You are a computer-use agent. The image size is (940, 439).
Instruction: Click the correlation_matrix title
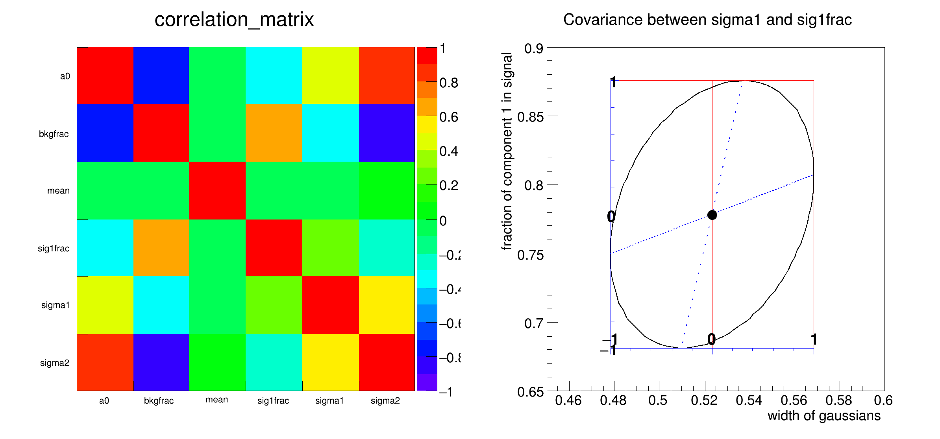pyautogui.click(x=234, y=20)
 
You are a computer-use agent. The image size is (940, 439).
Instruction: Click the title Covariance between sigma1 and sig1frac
pyautogui.click(x=707, y=20)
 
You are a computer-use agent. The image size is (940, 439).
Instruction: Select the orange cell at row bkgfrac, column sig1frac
pyautogui.click(x=274, y=133)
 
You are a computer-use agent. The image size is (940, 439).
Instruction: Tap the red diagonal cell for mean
pyautogui.click(x=217, y=190)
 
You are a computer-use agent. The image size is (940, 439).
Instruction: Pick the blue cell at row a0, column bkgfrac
pyautogui.click(x=161, y=76)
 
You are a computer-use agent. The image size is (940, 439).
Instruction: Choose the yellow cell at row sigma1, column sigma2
pyautogui.click(x=387, y=305)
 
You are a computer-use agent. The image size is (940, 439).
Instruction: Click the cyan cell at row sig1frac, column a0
pyautogui.click(x=105, y=248)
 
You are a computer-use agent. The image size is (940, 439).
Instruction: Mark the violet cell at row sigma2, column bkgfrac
pyautogui.click(x=161, y=362)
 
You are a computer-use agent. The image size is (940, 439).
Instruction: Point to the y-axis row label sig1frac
pyautogui.click(x=54, y=248)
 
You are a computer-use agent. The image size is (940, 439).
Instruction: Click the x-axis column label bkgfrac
pyautogui.click(x=159, y=400)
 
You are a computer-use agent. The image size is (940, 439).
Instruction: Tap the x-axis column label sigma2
pyautogui.click(x=385, y=400)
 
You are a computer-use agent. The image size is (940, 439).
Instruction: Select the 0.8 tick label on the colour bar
pyautogui.click(x=449, y=83)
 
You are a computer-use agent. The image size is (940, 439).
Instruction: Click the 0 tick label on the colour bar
pyautogui.click(x=443, y=221)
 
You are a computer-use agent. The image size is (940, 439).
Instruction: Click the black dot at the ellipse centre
pyautogui.click(x=712, y=215)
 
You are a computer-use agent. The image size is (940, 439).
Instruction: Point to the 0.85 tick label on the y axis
pyautogui.click(x=530, y=117)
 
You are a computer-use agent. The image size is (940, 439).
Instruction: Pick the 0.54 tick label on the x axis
pyautogui.click(x=749, y=400)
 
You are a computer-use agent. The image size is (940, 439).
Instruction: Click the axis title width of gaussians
pyautogui.click(x=824, y=416)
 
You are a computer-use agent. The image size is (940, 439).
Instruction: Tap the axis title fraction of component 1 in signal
pyautogui.click(x=507, y=151)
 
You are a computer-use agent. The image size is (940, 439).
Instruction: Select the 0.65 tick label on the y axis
pyautogui.click(x=530, y=392)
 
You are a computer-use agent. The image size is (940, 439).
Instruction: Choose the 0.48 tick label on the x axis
pyautogui.click(x=613, y=400)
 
